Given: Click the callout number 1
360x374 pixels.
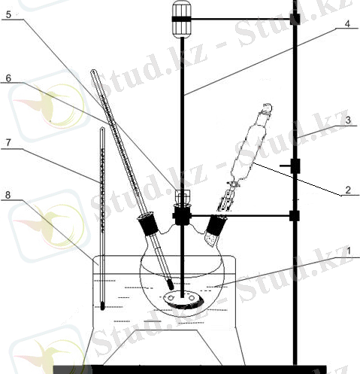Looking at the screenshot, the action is pyautogui.click(x=349, y=251).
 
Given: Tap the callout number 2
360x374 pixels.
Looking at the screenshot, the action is pyautogui.click(x=348, y=190).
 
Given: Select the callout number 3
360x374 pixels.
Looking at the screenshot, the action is pyautogui.click(x=348, y=120).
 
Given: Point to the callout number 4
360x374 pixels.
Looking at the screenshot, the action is pyautogui.click(x=347, y=24).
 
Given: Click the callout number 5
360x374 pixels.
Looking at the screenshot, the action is pyautogui.click(x=8, y=14).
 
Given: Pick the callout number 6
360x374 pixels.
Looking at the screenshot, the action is pyautogui.click(x=8, y=78).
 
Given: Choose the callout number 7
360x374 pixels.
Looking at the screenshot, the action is pyautogui.click(x=8, y=142).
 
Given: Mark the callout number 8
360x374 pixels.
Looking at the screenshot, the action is pyautogui.click(x=8, y=195).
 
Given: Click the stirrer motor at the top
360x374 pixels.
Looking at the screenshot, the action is pyautogui.click(x=182, y=19).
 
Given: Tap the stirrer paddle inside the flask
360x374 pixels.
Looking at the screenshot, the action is pyautogui.click(x=183, y=300).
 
